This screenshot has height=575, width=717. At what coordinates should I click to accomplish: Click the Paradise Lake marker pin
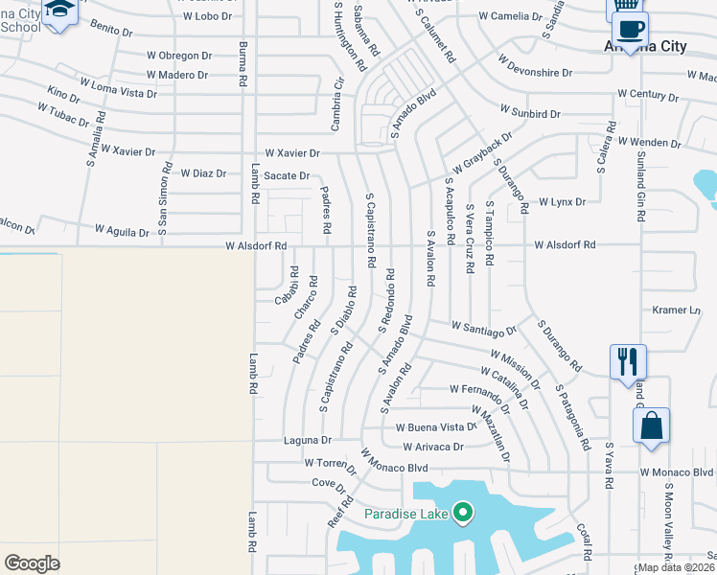(x=463, y=514)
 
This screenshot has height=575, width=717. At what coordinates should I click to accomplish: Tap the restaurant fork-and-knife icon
(x=628, y=362)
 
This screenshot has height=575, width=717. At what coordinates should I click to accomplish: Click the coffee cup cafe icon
(x=630, y=28)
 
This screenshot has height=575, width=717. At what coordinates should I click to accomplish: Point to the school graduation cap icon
(x=59, y=11)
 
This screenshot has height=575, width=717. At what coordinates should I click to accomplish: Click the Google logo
(x=32, y=563)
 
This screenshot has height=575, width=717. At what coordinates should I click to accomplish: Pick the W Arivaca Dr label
(x=433, y=447)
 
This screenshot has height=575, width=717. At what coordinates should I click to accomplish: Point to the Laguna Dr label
(x=307, y=441)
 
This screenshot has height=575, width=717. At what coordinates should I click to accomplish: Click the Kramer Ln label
(x=677, y=310)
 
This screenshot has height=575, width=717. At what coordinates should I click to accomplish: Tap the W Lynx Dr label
(x=562, y=202)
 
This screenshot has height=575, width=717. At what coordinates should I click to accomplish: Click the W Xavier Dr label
(x=292, y=153)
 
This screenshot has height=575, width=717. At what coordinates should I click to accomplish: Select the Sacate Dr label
(x=287, y=176)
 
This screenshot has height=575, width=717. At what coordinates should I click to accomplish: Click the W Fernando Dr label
(x=477, y=389)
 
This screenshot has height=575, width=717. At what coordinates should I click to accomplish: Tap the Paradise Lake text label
(x=406, y=514)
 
